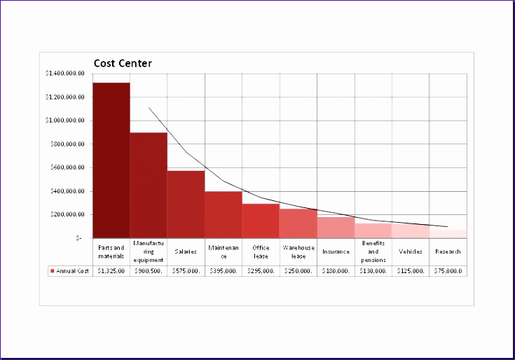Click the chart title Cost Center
point(123,64)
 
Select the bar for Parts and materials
point(111,160)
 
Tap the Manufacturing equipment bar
point(149,185)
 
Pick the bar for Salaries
point(186,204)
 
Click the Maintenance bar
point(224,214)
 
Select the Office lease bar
point(261,221)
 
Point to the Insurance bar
point(336,228)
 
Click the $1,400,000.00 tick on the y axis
point(64,74)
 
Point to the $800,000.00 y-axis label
point(67,144)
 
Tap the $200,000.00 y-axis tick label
point(67,214)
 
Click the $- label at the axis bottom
point(80,238)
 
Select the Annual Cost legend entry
point(69,271)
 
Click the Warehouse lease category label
point(298,251)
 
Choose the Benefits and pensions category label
point(373,251)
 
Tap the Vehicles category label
point(411,251)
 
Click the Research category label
point(448,251)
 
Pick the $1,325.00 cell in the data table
point(111,271)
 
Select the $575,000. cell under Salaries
point(186,271)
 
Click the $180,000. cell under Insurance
point(336,271)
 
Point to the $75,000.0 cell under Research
point(448,271)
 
